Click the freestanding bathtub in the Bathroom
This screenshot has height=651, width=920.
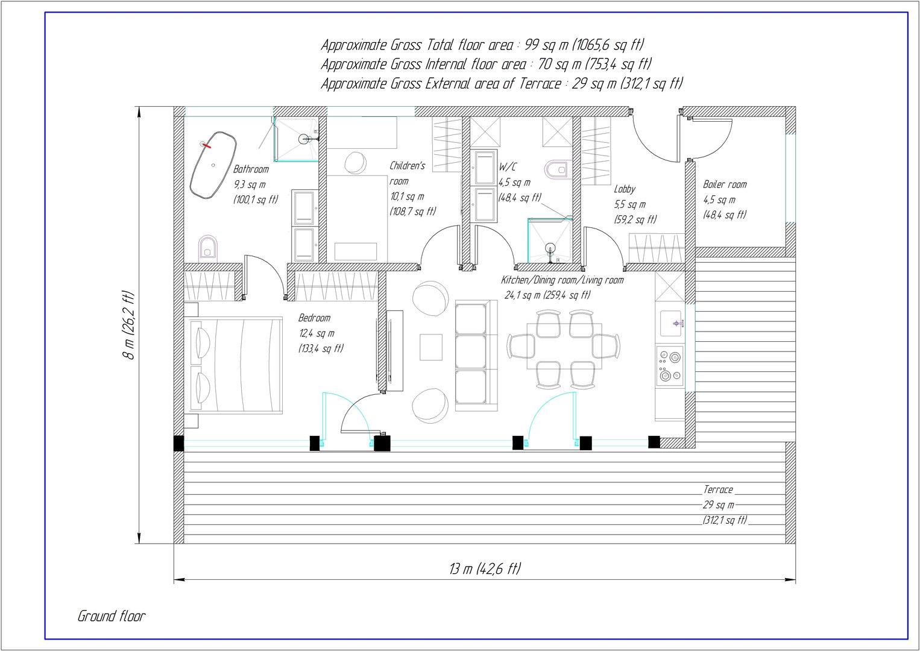[x=213, y=166]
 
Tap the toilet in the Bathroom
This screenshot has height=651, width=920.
[x=208, y=247]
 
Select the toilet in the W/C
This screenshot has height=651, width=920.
[x=556, y=168]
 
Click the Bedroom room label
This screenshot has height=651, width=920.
[x=314, y=318]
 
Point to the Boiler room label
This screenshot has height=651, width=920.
[x=725, y=184]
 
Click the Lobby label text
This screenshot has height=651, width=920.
[x=625, y=189]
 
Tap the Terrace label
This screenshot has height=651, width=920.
[x=718, y=489]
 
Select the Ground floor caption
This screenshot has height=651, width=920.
[x=112, y=616]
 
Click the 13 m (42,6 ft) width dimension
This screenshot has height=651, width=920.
[x=485, y=569]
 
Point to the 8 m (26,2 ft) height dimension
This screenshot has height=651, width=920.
[x=128, y=325]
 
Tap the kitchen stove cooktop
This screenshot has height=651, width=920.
[x=670, y=365]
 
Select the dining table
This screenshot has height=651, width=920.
[x=564, y=346]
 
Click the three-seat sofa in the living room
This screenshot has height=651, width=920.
[x=476, y=356]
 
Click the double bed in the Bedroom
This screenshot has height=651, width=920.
[x=236, y=364]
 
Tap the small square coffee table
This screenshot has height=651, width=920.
[x=431, y=347]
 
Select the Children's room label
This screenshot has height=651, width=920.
[x=406, y=173]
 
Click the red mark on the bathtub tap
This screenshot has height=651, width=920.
[x=206, y=145]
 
